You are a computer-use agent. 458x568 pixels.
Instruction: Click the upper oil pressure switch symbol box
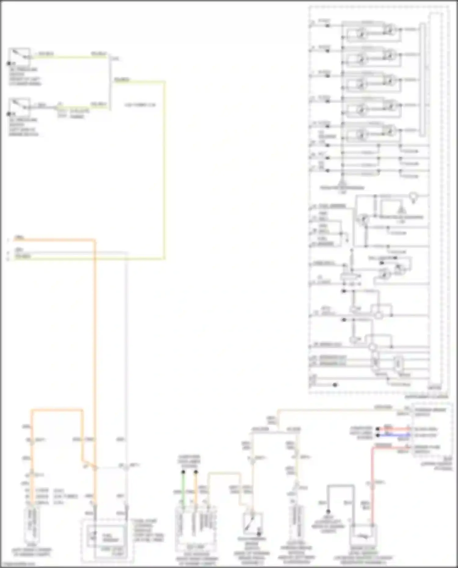click(19, 56)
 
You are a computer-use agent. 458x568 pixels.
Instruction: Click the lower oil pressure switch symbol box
click(19, 107)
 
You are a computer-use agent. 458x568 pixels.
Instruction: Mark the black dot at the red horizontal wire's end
click(378, 429)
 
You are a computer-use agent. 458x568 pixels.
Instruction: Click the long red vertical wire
click(373, 488)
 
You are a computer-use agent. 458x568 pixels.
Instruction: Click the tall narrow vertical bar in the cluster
click(422, 79)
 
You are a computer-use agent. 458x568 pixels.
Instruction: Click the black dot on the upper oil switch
click(9, 63)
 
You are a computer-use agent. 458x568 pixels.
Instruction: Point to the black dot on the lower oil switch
click(9, 114)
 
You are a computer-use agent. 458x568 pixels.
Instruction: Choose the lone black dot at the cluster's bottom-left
click(335, 385)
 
